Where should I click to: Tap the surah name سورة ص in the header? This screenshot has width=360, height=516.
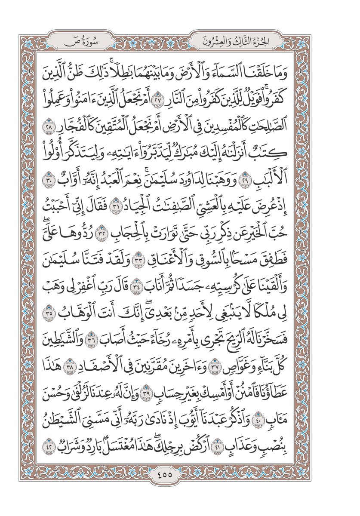point(81,42)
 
